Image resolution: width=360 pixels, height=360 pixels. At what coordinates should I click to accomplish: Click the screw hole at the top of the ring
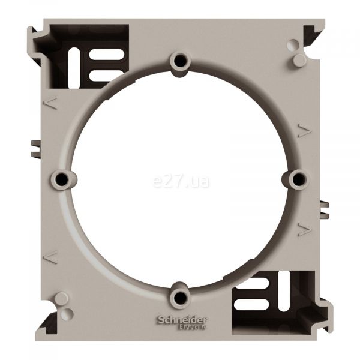click(180, 61)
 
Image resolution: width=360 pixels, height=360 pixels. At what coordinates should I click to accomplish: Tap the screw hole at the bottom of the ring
click(180, 298)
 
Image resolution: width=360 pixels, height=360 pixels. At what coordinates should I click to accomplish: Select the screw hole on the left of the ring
click(62, 179)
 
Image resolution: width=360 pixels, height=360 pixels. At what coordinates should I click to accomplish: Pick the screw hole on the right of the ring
click(298, 179)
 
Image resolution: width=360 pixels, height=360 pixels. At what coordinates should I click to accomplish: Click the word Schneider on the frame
click(181, 320)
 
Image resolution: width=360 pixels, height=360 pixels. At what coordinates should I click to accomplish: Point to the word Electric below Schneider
click(192, 327)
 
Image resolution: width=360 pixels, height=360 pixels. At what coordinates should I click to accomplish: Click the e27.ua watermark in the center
click(181, 181)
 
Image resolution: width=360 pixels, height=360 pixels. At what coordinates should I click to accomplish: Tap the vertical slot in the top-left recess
click(74, 68)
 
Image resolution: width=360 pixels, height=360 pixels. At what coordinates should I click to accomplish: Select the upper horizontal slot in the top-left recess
click(107, 55)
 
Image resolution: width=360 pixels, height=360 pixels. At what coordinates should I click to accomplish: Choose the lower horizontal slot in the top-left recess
click(104, 76)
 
